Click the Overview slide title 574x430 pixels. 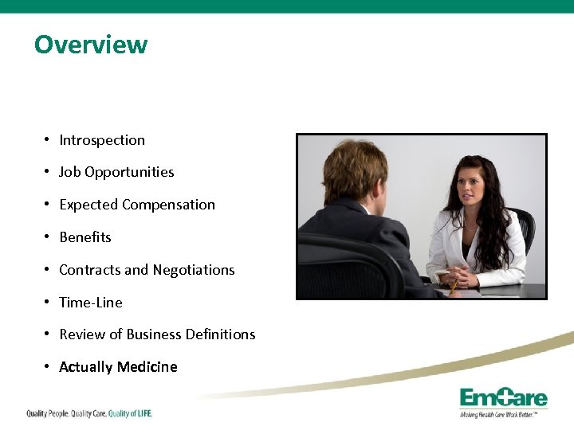click(90, 44)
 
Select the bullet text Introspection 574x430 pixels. click(102, 140)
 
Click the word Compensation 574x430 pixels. click(168, 205)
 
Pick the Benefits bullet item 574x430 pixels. click(85, 237)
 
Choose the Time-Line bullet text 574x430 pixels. click(91, 303)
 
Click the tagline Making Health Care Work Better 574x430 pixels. click(503, 415)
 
